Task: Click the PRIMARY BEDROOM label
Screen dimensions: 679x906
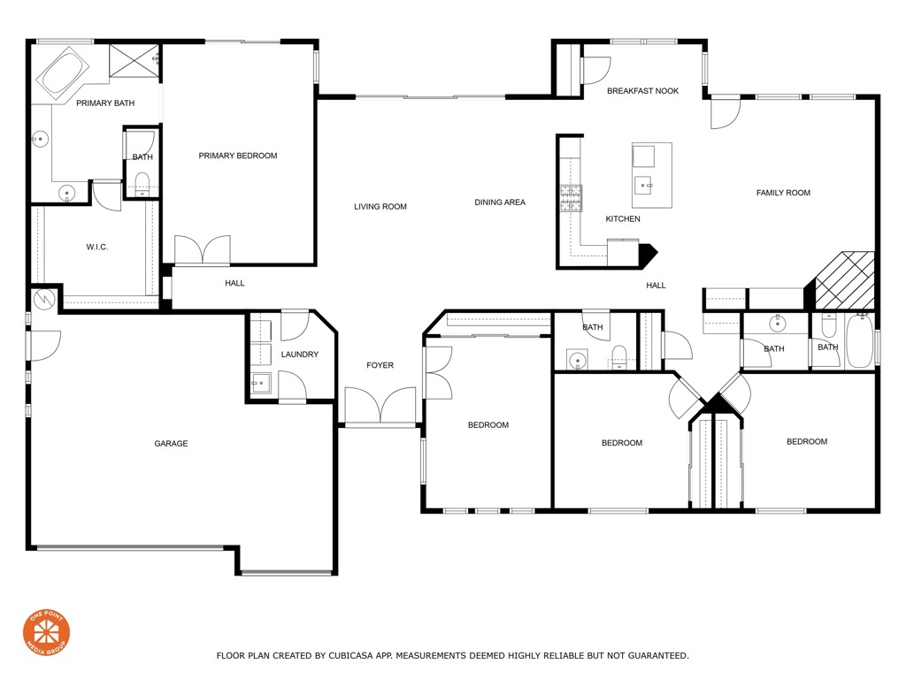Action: point(237,156)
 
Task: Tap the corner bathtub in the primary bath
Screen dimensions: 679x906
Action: point(60,74)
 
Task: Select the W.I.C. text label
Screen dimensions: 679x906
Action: point(97,247)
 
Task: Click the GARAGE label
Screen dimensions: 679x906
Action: point(171,444)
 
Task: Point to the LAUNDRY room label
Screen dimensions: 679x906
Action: point(299,355)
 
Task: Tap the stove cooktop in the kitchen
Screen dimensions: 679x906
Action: point(571,198)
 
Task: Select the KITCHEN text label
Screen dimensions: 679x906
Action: point(622,219)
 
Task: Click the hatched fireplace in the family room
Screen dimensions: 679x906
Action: point(844,279)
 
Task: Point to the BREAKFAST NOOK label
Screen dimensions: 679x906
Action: point(642,91)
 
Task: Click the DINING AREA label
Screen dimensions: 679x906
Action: point(500,202)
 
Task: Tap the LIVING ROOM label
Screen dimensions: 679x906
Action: point(380,207)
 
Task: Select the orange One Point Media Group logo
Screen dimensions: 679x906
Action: point(46,633)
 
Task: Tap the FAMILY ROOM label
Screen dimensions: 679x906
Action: point(783,193)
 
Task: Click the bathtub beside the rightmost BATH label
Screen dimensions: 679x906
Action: point(859,341)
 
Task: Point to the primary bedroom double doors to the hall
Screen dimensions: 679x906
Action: point(203,250)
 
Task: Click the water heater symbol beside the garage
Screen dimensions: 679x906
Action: point(43,299)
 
